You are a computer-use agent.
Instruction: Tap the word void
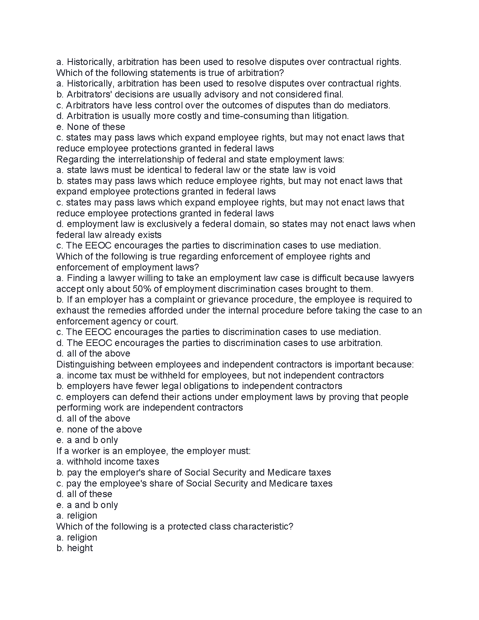[326, 170]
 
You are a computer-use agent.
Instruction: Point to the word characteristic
[263, 526]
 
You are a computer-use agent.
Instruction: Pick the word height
[80, 548]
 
